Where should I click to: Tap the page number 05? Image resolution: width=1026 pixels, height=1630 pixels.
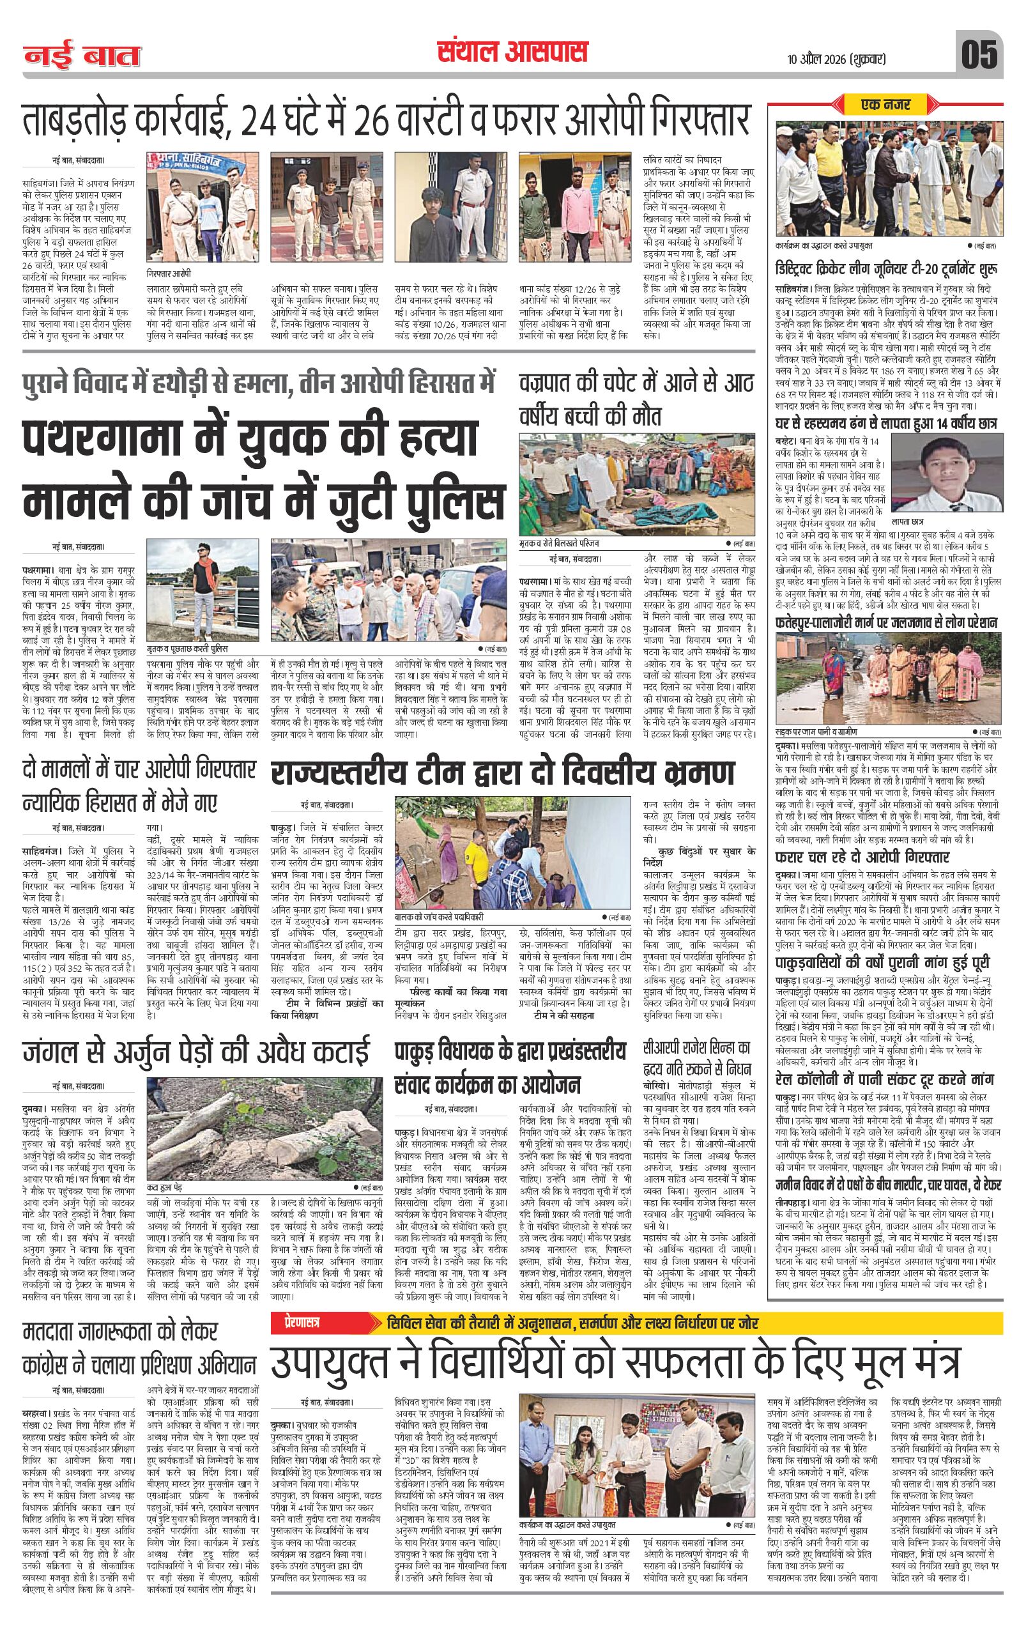click(979, 55)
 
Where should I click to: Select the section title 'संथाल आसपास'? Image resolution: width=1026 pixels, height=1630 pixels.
click(512, 52)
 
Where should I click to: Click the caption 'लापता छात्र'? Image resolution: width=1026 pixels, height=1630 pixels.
click(927, 523)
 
